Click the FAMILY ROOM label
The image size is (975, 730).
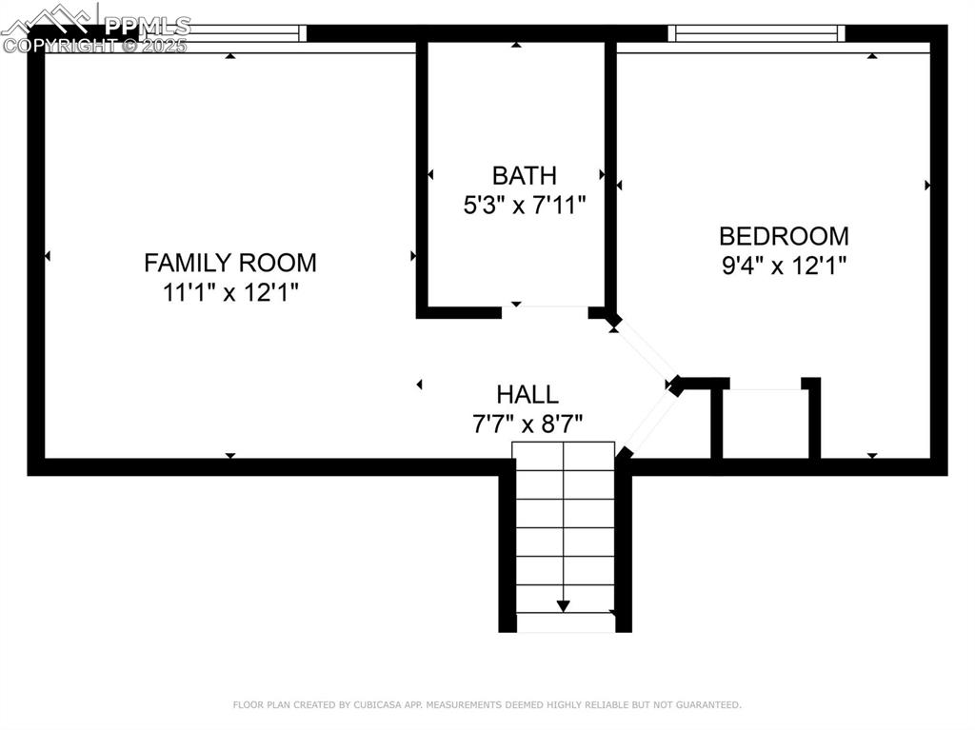(x=229, y=262)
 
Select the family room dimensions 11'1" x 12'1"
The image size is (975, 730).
(x=229, y=292)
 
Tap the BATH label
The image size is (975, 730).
(x=524, y=175)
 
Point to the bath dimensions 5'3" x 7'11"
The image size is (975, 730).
(x=524, y=205)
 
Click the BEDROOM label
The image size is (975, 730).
(x=784, y=235)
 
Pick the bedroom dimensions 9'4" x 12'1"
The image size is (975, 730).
(x=784, y=266)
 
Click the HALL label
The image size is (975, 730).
(x=527, y=394)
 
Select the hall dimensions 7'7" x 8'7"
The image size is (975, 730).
(x=527, y=424)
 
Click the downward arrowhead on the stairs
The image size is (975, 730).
(x=564, y=605)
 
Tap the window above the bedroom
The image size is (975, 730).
(x=757, y=33)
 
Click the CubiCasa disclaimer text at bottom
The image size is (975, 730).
(x=487, y=705)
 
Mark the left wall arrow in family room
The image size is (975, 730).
(x=47, y=256)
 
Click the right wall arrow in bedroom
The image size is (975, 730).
(x=927, y=185)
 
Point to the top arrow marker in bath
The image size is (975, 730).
(x=516, y=45)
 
